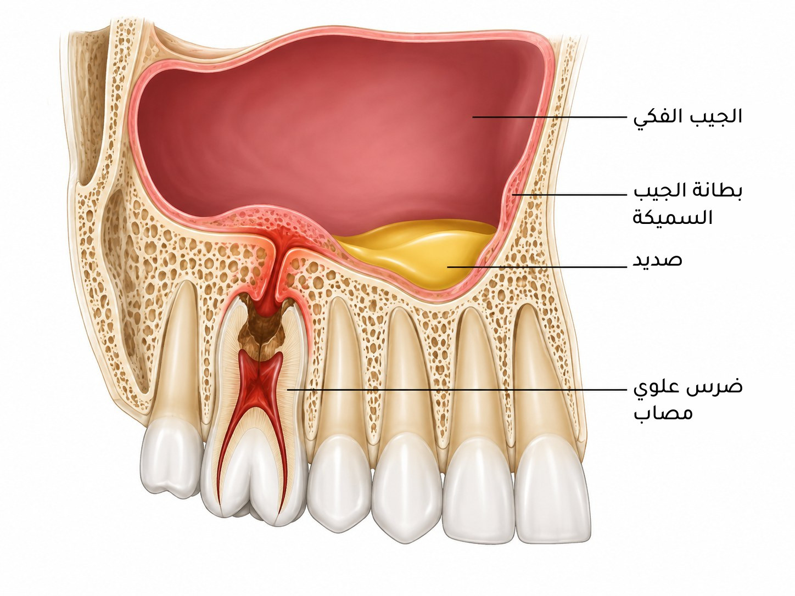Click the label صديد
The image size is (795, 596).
(657, 260)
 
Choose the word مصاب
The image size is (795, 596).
(663, 413)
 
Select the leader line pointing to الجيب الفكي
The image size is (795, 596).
(550, 117)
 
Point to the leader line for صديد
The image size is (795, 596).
(537, 267)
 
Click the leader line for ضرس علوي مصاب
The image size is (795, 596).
(457, 390)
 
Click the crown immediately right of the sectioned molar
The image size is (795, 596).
(339, 485)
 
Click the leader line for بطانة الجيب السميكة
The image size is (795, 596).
(570, 194)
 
